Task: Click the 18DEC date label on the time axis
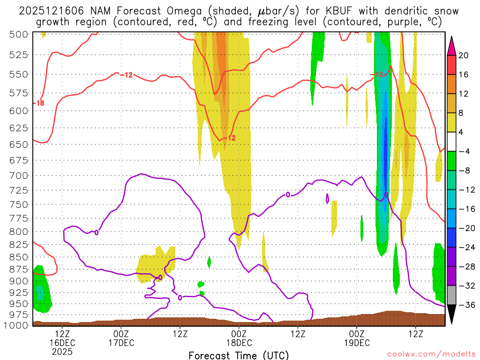[x=239, y=343]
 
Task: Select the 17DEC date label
[x=121, y=343]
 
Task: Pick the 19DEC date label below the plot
[x=357, y=343]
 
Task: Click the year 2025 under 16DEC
[x=62, y=352]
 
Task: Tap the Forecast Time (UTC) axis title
[x=239, y=355]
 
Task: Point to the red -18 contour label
[x=39, y=103]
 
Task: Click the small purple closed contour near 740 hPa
[x=327, y=198]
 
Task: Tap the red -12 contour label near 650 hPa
[x=229, y=138]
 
